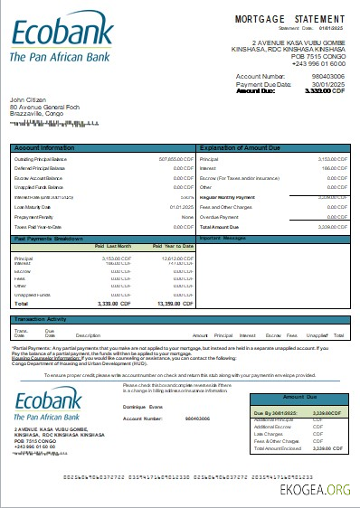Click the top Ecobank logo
[x=61, y=37]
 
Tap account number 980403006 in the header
[x=328, y=76]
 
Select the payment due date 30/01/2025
[x=328, y=84]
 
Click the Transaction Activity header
[x=41, y=319]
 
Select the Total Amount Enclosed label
[x=254, y=447]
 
